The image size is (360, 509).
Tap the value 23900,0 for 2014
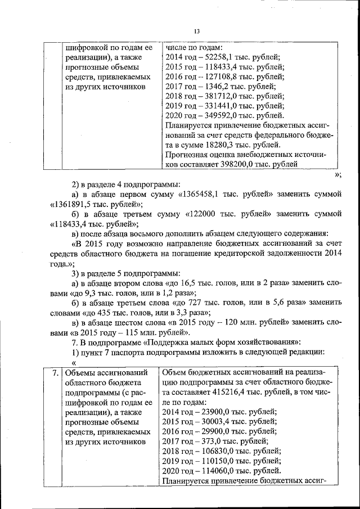pyautogui.click(x=212, y=412)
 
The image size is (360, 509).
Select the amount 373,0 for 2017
pyautogui.click(x=209, y=441)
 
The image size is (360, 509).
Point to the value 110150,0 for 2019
pyautogui.click(x=214, y=461)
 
